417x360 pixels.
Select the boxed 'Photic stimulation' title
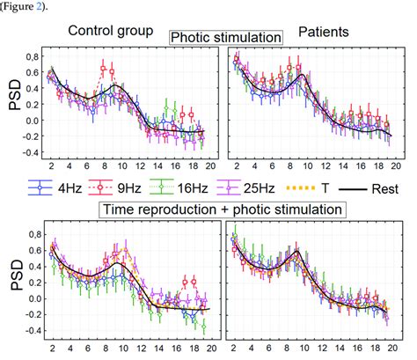pos(226,38)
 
